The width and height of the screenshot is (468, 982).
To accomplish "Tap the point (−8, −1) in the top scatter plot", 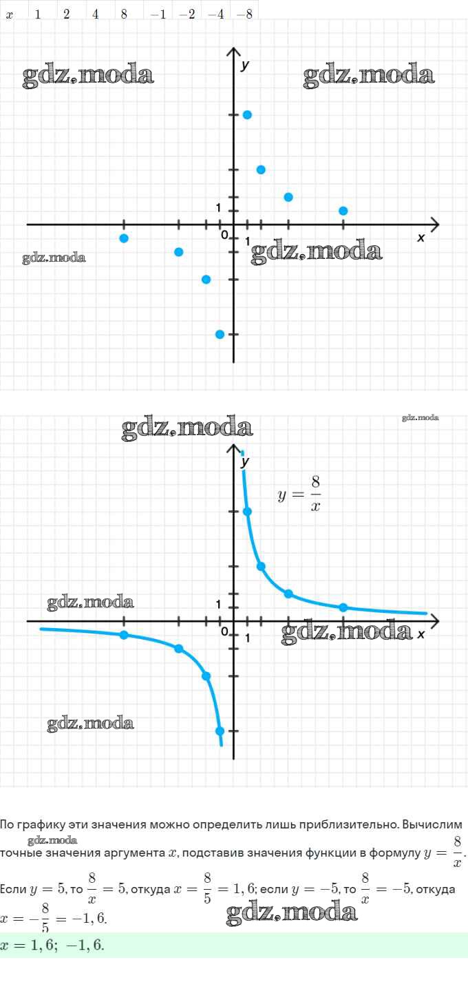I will (124, 238).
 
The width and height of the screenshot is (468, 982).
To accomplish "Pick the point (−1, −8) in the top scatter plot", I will (220, 334).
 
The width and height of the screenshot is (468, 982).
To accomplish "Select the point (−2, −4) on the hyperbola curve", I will (206, 676).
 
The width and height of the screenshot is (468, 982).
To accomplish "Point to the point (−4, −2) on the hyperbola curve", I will (179, 649).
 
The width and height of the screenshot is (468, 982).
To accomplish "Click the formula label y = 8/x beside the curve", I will (300, 494).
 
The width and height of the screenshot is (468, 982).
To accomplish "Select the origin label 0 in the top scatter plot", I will (224, 236).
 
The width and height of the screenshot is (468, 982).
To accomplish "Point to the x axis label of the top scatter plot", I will (421, 238).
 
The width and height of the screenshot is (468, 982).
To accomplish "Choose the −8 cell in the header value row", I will (244, 14).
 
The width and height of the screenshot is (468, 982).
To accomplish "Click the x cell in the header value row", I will (10, 14).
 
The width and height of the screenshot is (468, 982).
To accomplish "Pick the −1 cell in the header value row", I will (158, 14).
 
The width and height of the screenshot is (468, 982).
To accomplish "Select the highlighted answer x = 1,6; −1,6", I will (54, 944).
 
